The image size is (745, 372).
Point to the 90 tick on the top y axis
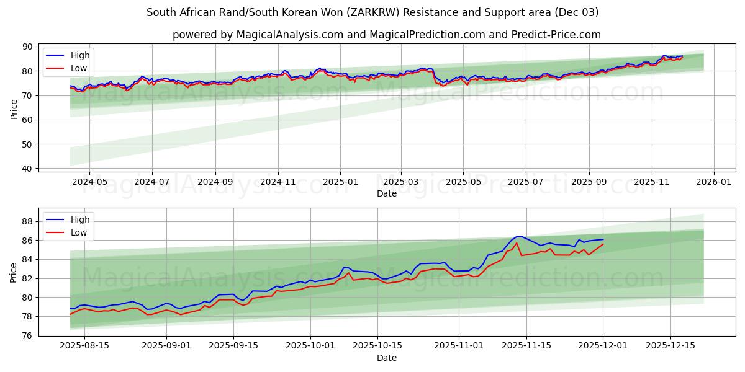click(x=27, y=46)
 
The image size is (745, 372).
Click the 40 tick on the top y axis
click(x=27, y=169)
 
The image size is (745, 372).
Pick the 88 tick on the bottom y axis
click(x=27, y=221)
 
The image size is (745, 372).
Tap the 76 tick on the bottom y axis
click(x=27, y=335)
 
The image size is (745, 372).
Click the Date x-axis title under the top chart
click(x=387, y=193)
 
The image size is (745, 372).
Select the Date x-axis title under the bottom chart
click(x=387, y=358)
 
